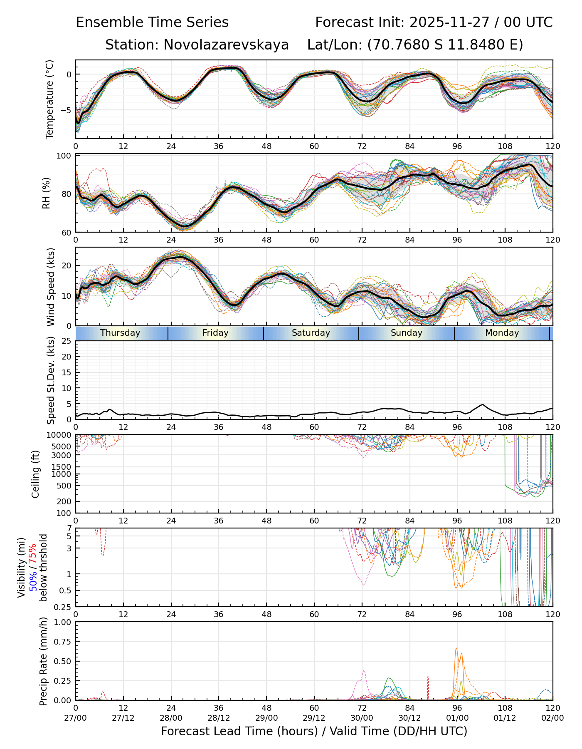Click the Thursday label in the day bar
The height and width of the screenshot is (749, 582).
120,333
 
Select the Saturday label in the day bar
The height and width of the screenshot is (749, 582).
311,333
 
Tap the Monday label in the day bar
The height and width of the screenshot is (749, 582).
502,333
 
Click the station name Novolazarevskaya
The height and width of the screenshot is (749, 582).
226,45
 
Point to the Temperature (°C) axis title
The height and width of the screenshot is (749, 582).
50,99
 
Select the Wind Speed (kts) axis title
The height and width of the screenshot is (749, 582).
51,287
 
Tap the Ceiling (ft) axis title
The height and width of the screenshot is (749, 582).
36,474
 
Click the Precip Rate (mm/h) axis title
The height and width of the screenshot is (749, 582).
43,661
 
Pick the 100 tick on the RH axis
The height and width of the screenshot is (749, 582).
65,156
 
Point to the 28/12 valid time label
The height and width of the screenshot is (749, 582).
219,718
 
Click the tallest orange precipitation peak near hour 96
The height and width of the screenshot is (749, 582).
456,648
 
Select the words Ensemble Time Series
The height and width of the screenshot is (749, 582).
152,22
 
